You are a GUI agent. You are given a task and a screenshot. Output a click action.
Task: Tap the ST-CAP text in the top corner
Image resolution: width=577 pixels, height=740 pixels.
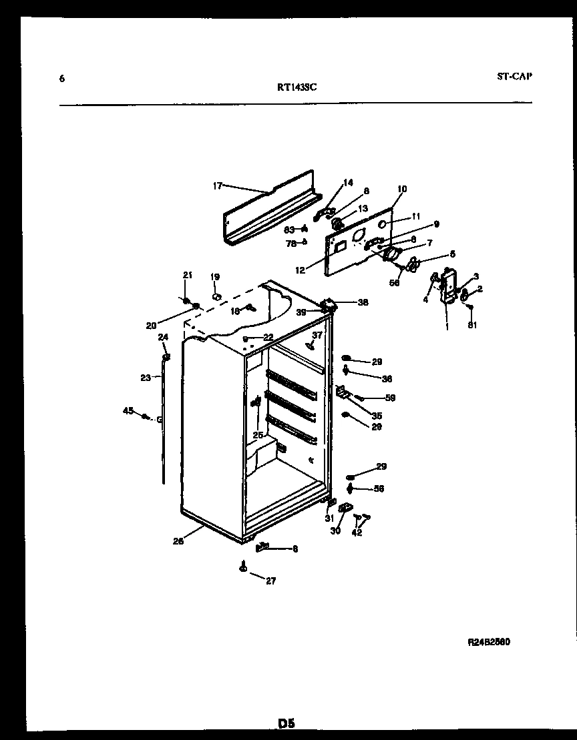[x=514, y=76]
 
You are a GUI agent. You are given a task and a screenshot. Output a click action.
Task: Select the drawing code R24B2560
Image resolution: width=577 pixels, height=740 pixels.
[x=489, y=642]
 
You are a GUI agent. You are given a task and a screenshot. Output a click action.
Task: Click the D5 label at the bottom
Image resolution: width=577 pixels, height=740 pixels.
[x=286, y=723]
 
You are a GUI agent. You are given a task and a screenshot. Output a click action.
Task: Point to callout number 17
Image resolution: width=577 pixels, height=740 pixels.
[x=217, y=186]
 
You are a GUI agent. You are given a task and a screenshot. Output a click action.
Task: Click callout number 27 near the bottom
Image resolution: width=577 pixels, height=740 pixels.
[x=270, y=581]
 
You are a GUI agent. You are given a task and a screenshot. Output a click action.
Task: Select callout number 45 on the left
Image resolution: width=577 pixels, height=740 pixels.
[x=128, y=410]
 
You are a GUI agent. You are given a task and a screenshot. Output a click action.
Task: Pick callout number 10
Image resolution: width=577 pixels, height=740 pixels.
[x=401, y=189]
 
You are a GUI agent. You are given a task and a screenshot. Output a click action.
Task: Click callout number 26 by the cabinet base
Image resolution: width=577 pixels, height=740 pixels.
[x=178, y=542]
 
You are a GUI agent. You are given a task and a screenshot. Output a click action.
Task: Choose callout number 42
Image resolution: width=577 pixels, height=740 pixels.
[x=357, y=532]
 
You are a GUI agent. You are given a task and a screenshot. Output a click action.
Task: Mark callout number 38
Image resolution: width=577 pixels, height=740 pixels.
[x=363, y=302]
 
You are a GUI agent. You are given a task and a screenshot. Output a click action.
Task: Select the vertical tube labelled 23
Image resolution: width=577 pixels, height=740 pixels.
[x=163, y=420]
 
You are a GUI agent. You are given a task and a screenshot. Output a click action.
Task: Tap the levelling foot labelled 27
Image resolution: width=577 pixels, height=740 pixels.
[x=242, y=568]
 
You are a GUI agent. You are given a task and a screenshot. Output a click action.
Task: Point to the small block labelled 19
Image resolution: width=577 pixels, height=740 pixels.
[x=216, y=296]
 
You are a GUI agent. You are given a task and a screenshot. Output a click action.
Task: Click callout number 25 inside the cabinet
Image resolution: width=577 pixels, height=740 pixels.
[x=258, y=434]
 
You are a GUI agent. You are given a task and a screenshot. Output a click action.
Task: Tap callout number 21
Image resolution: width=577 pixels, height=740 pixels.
[x=187, y=275]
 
